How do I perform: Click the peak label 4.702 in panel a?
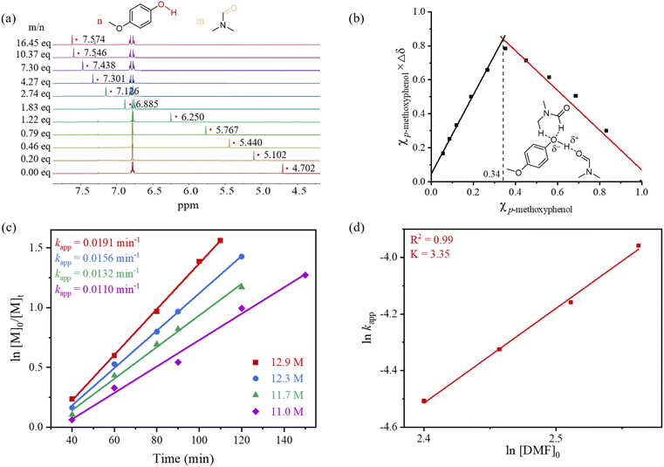click(305, 171)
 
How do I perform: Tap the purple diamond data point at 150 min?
click(305, 275)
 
